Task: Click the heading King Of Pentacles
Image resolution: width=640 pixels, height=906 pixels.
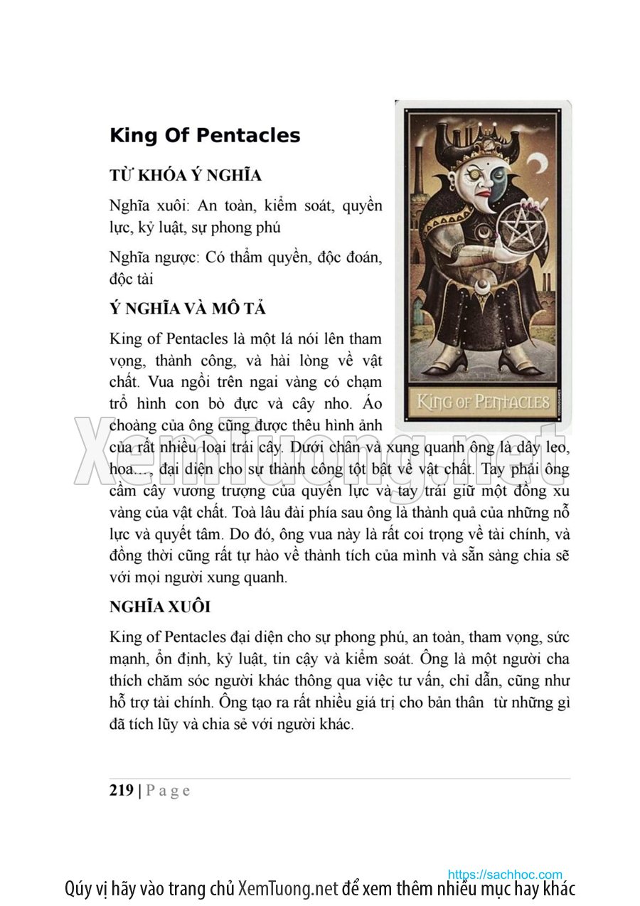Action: tap(205, 135)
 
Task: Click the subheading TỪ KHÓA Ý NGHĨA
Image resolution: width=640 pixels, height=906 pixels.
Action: tap(186, 175)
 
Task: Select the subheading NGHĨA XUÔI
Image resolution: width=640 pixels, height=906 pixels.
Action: tap(159, 607)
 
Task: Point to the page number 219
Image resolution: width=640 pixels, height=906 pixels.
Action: tap(122, 790)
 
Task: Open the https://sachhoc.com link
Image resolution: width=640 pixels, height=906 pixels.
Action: tap(505, 875)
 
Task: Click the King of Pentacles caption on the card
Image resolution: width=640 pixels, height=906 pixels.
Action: tap(483, 403)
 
